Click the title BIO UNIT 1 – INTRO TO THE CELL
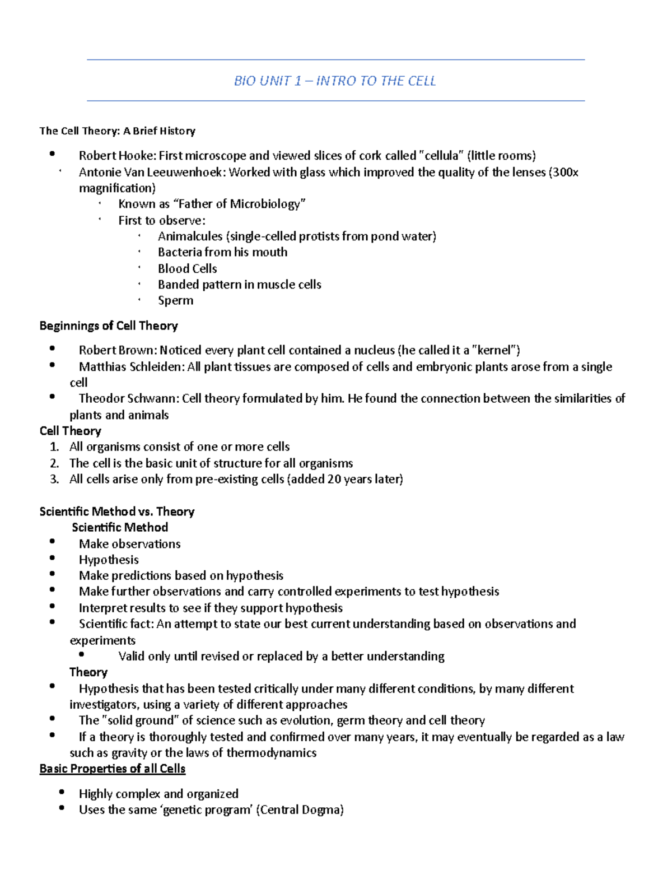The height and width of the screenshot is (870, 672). tap(334, 81)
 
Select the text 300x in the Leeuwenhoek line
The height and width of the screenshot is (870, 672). tap(566, 172)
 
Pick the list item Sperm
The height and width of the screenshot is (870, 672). tap(175, 300)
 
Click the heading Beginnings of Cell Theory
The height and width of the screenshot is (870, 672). tap(109, 326)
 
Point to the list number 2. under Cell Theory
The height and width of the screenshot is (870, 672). tap(54, 463)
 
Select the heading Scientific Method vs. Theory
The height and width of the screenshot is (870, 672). tap(117, 511)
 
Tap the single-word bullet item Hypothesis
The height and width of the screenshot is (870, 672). tap(109, 560)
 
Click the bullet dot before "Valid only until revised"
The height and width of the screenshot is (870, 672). tap(82, 654)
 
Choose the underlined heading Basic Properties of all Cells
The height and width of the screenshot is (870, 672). tap(112, 769)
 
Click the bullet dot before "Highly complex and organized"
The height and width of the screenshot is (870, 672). tap(62, 792)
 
